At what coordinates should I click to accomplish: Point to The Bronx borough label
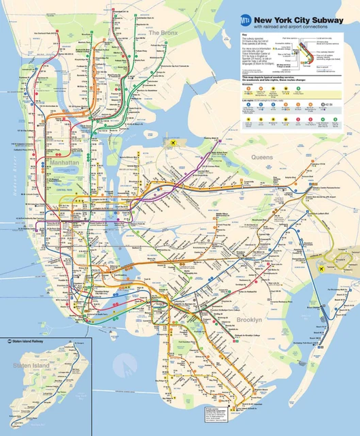point(163,33)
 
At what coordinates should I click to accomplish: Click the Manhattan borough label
point(65,163)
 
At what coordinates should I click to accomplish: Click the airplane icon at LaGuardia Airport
point(174,143)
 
